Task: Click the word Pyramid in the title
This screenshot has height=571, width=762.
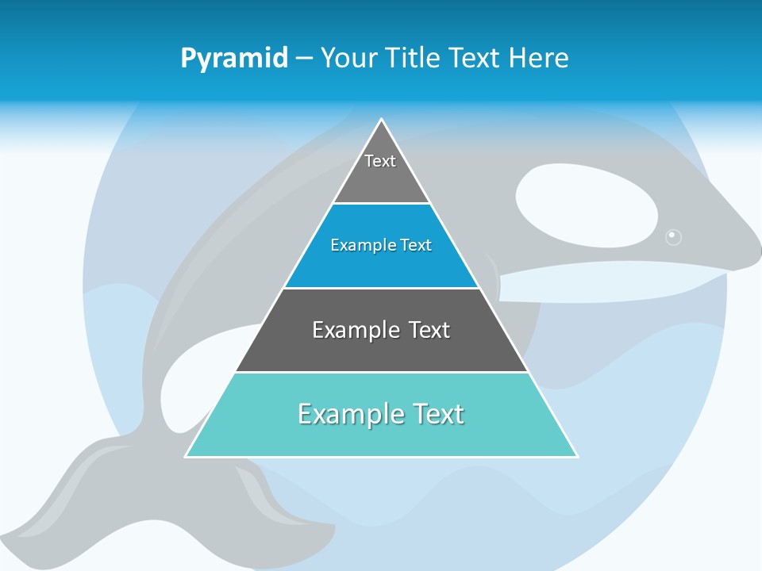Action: point(233,58)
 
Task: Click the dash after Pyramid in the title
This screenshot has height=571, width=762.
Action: point(304,59)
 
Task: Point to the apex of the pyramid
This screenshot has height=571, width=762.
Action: point(382,121)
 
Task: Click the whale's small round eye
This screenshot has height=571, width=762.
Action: point(673,236)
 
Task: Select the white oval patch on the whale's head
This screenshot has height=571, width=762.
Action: point(586,205)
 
